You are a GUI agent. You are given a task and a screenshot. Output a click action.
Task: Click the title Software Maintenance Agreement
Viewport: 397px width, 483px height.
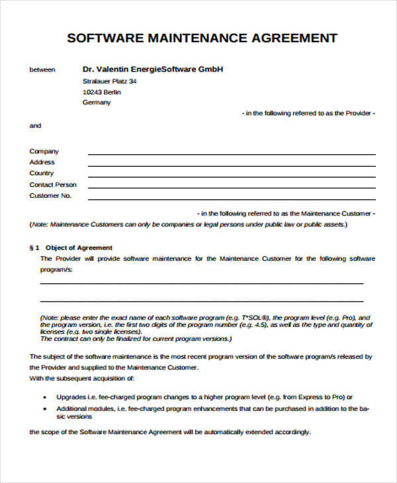(x=202, y=38)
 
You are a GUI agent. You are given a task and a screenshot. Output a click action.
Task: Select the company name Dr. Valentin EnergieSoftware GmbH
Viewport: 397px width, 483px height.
(x=153, y=69)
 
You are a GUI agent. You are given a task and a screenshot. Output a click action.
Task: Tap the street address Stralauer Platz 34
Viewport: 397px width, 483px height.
(x=110, y=81)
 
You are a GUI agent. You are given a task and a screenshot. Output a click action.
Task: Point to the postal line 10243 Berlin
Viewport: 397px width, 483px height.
(x=102, y=92)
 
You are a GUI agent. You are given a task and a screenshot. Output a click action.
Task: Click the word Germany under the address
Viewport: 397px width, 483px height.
(x=97, y=103)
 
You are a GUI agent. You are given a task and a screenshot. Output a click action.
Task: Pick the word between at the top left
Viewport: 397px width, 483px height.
(x=42, y=69)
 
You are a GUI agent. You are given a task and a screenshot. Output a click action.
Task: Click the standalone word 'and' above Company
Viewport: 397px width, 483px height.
(x=35, y=126)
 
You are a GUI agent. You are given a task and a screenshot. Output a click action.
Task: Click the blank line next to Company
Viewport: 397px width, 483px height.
(x=232, y=154)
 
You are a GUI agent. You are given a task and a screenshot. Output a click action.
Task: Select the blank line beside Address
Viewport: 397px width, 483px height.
(x=232, y=165)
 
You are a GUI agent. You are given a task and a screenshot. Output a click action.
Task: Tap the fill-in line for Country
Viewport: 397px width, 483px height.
(x=232, y=176)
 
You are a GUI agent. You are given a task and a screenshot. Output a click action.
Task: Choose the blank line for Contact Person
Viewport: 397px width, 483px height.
(x=232, y=187)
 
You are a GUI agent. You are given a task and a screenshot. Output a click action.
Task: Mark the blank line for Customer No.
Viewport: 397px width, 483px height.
(x=232, y=198)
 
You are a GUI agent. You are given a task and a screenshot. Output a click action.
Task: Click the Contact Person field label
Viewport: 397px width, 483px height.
(x=53, y=185)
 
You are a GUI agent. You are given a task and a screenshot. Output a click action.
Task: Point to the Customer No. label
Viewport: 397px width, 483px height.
(x=50, y=196)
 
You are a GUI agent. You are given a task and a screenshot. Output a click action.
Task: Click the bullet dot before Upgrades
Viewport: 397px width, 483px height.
(x=45, y=398)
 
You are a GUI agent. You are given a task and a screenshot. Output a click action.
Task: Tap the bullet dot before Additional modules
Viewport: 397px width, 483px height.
(x=45, y=410)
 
